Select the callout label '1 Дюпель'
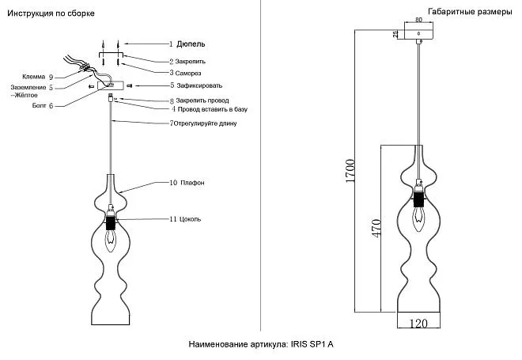tap(189, 44)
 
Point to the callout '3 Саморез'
tap(187, 71)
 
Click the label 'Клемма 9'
tap(38, 77)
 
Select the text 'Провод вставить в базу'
tap(214, 109)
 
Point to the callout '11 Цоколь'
tap(188, 218)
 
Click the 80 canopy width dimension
tap(418, 25)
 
